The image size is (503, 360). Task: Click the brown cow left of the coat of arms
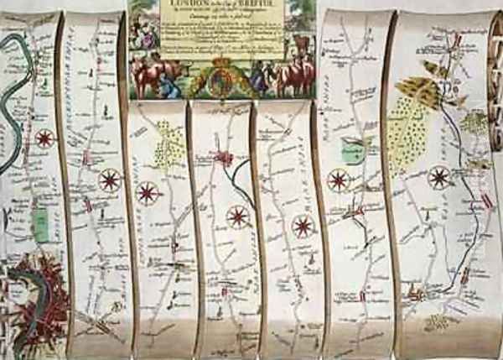click(154, 76)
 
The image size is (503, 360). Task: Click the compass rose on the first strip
click(44, 138)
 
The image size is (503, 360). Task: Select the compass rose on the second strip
click(110, 180)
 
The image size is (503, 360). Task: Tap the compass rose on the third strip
click(148, 193)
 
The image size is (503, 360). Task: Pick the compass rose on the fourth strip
click(237, 217)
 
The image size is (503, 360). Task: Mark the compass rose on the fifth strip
click(303, 226)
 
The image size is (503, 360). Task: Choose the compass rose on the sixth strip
click(338, 180)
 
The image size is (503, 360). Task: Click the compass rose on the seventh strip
click(439, 178)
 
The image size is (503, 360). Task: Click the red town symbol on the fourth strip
click(223, 158)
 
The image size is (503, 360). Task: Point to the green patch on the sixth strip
click(352, 153)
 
